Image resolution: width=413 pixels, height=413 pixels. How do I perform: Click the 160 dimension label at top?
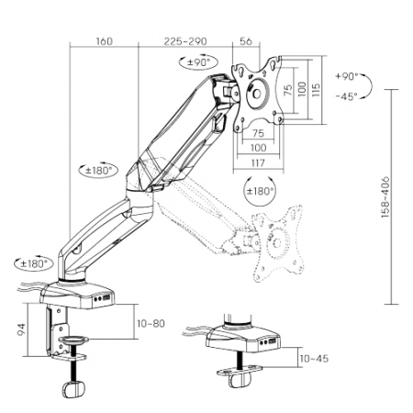[x=105, y=41]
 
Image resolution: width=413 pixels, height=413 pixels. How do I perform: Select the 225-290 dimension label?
[x=185, y=41]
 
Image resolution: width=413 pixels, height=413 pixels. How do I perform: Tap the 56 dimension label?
[x=246, y=41]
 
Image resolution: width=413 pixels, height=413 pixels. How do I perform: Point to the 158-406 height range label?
[x=385, y=197]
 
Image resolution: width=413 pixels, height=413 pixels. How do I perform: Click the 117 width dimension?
[x=258, y=162]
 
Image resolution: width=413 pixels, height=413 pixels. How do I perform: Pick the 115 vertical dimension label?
[x=316, y=89]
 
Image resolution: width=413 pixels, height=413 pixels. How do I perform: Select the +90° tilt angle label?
[x=347, y=76]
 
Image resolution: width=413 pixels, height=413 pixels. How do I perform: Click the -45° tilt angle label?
[x=347, y=96]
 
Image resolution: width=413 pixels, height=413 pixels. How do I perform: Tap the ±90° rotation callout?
[x=198, y=62]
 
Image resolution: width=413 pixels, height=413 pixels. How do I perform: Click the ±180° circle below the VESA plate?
[x=260, y=191]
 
